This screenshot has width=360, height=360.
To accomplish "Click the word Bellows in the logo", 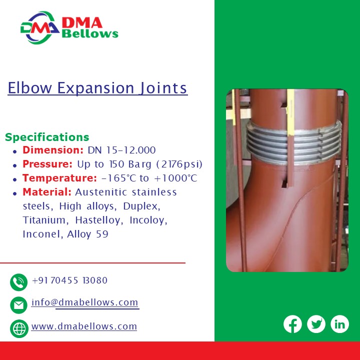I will click(x=90, y=34).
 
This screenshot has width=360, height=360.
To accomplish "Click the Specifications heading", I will click(x=47, y=137).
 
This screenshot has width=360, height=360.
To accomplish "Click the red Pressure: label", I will click(x=47, y=164).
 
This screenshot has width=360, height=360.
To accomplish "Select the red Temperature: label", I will click(x=59, y=178).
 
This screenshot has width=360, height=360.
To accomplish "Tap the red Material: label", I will click(x=47, y=192).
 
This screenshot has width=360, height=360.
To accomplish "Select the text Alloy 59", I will click(x=87, y=234).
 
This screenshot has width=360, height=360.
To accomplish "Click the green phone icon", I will click(x=19, y=282).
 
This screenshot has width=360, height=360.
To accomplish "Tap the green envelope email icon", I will click(x=19, y=304).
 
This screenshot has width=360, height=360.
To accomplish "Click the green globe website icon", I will click(x=19, y=328).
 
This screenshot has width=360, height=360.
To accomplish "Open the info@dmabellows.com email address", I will click(x=84, y=302).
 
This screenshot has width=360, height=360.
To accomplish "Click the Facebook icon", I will click(x=292, y=324).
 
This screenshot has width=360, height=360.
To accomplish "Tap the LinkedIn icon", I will click(x=339, y=324).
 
